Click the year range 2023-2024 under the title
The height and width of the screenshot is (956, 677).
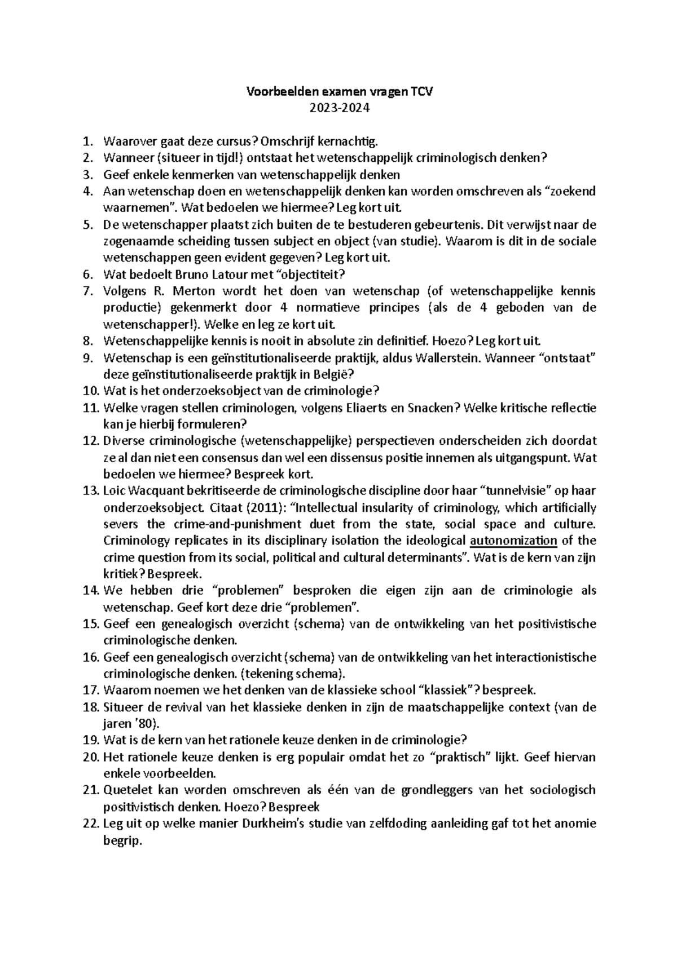[x=338, y=108]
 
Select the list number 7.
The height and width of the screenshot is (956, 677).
[x=87, y=291]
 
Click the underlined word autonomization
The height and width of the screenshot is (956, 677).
[x=513, y=541]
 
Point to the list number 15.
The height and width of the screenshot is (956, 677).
[x=90, y=623]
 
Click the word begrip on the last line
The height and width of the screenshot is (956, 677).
[x=121, y=840]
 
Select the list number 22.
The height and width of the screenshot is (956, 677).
[x=90, y=823]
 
